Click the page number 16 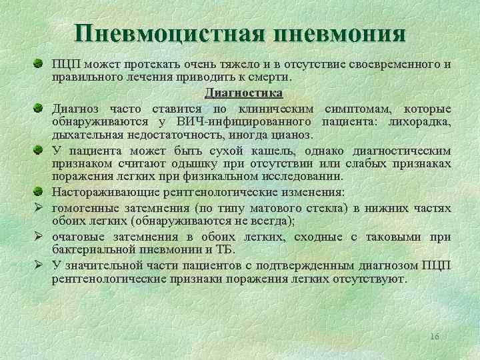point(435,336)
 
